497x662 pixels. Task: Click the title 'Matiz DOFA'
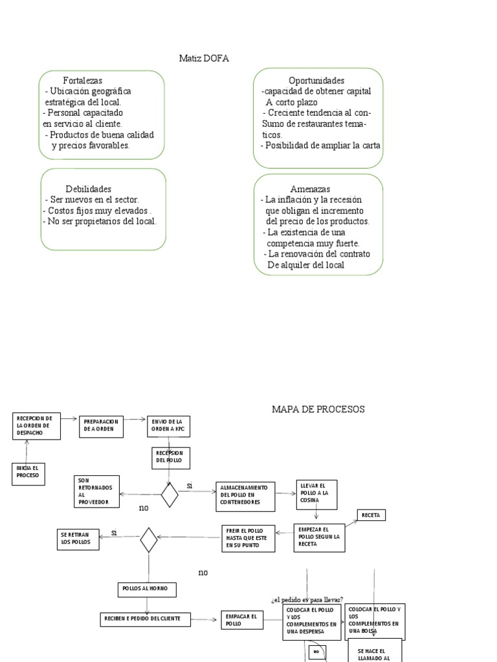[x=204, y=59]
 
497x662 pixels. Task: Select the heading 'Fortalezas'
[x=82, y=81]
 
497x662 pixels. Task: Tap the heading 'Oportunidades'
[x=316, y=81]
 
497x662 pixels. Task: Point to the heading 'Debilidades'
[x=89, y=189]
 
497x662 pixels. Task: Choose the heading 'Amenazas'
[x=311, y=189]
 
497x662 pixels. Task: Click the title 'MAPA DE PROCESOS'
[x=318, y=409]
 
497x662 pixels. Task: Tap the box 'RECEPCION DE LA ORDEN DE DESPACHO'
[x=37, y=425]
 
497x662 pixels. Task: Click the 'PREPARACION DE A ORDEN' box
[x=100, y=425]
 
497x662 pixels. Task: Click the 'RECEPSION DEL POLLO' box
[x=170, y=457]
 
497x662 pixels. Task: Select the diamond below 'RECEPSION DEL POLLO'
[x=170, y=496]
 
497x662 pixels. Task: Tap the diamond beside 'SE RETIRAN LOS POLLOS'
[x=149, y=540]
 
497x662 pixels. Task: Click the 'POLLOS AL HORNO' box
[x=147, y=589]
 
